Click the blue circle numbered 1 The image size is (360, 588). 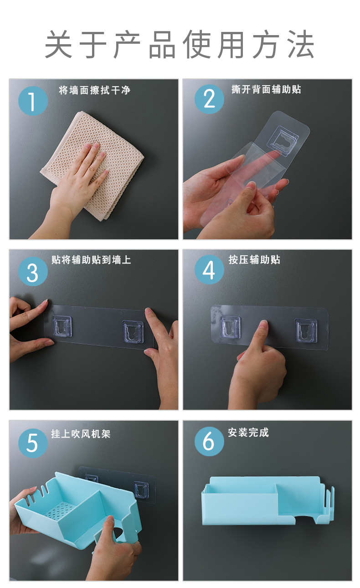click(33, 101)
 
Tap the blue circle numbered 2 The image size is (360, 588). click(209, 99)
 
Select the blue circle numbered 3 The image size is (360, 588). click(33, 271)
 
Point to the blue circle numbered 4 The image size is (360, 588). click(209, 269)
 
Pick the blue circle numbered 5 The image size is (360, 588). click(33, 443)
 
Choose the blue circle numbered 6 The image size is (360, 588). click(209, 441)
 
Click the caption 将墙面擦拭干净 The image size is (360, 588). click(94, 90)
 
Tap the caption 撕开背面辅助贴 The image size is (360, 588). click(266, 89)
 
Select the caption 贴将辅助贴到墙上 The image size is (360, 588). click(91, 260)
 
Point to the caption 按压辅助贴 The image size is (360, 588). click(254, 260)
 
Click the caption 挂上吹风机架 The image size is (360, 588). click(81, 433)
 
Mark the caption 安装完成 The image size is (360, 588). click(248, 432)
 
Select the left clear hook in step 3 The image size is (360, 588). click(62, 326)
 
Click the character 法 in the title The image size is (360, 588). click(301, 44)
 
